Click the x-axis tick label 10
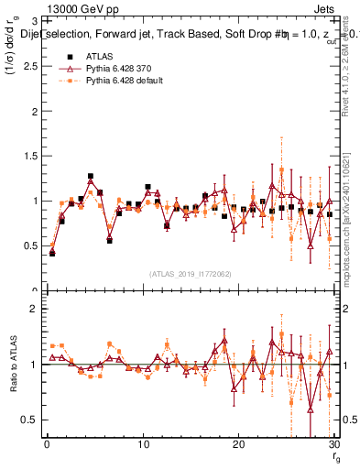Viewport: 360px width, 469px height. tap(143, 445)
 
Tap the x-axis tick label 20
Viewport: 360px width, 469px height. tap(238, 445)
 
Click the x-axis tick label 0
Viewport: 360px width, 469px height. tap(47, 445)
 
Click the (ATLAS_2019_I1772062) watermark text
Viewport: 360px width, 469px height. tap(190, 274)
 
